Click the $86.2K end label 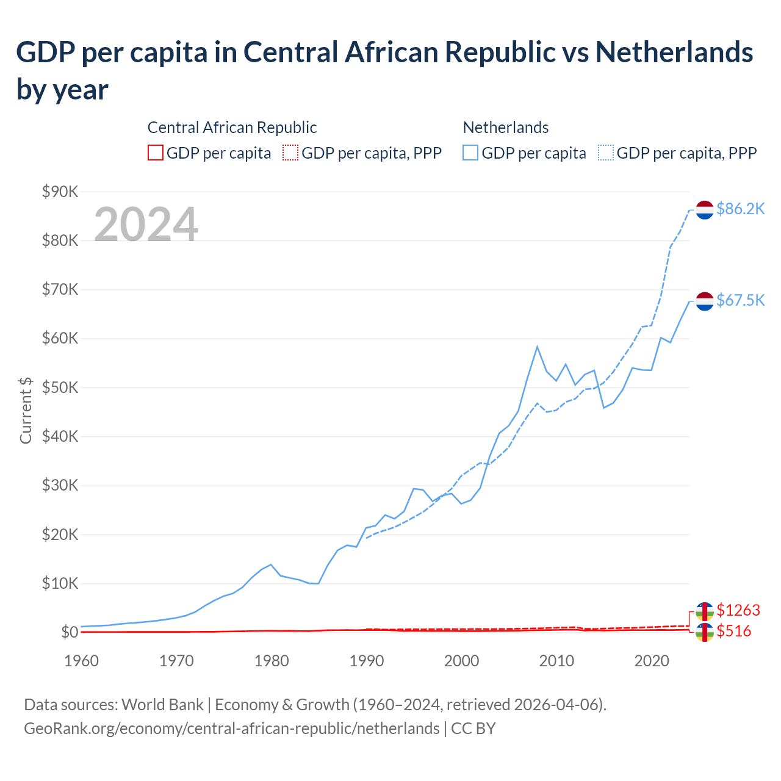[740, 209]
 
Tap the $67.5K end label [740, 300]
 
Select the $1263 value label [738, 610]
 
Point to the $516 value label [733, 631]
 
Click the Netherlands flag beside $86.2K [705, 209]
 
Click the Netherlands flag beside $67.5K [705, 301]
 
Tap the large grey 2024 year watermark [146, 224]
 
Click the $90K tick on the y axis [60, 192]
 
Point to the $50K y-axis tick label [60, 387]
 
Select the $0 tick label [70, 632]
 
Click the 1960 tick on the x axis [81, 661]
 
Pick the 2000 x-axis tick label [461, 661]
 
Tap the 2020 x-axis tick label [652, 661]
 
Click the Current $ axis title [26, 410]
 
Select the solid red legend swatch [156, 153]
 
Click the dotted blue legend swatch [606, 153]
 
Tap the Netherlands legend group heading [505, 128]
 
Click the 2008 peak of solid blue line [537, 347]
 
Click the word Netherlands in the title [674, 52]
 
